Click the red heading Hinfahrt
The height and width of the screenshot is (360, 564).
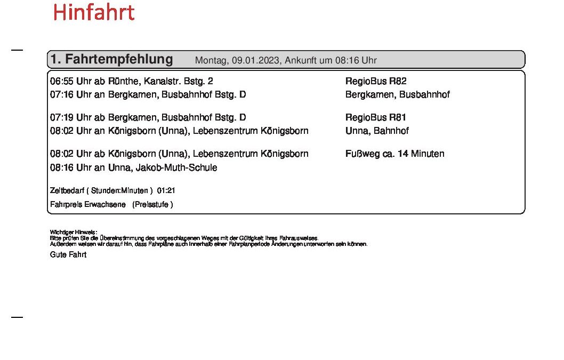tap(93, 13)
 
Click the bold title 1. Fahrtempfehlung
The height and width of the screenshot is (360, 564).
tap(111, 59)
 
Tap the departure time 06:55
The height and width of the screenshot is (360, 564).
tap(61, 82)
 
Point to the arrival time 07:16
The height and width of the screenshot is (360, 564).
tap(61, 95)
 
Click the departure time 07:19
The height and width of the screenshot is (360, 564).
tap(61, 118)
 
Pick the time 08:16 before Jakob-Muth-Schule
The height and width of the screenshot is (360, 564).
tap(61, 168)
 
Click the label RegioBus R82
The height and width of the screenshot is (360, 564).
tap(376, 82)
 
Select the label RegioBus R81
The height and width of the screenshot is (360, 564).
tap(376, 118)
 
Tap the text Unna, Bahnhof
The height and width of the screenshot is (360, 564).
tap(377, 131)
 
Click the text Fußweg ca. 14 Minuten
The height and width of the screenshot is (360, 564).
tap(394, 154)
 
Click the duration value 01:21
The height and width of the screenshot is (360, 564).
tap(166, 190)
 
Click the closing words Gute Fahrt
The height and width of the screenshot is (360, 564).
tap(68, 255)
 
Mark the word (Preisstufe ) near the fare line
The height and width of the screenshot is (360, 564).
tap(152, 204)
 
